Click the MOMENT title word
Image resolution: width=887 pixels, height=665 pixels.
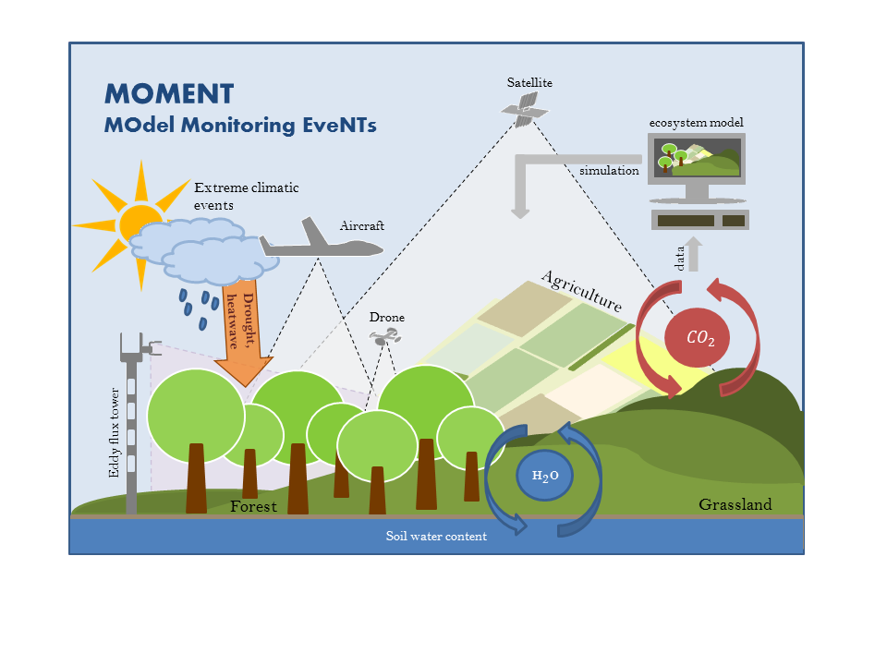tap(169, 93)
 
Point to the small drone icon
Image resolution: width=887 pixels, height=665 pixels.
tap(386, 339)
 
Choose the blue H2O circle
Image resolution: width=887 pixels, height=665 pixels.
tap(544, 477)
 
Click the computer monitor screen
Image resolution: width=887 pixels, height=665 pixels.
tap(697, 157)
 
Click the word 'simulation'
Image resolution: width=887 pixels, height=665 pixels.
tap(609, 171)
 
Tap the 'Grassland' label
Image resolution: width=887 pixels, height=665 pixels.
tap(735, 505)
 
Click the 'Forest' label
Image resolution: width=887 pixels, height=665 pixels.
tap(253, 506)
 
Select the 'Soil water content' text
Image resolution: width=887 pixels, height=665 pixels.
tap(436, 536)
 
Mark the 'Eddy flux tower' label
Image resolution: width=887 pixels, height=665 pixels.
tap(115, 432)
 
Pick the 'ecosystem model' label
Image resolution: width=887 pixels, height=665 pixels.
tap(696, 123)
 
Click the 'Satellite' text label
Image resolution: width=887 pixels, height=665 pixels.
tap(529, 83)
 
